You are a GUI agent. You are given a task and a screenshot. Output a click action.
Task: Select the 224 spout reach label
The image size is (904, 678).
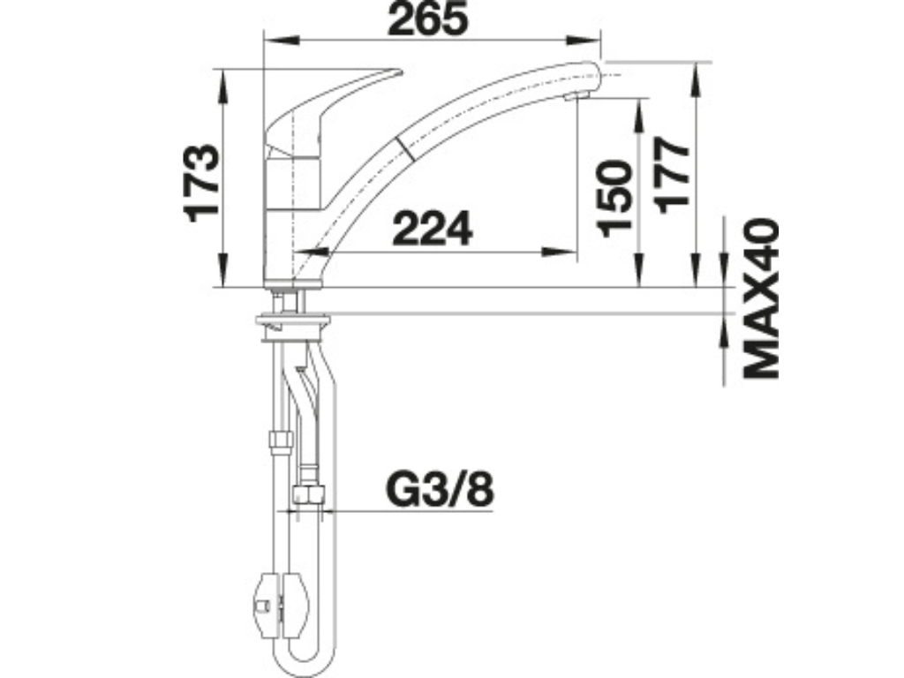pyautogui.click(x=433, y=228)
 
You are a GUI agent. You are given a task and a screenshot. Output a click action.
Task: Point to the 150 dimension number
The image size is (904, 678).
pyautogui.click(x=615, y=199)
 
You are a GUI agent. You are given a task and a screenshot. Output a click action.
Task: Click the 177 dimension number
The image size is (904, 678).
pyautogui.click(x=672, y=176)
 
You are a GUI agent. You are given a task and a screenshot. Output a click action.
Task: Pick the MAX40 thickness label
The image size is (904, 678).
pyautogui.click(x=761, y=298)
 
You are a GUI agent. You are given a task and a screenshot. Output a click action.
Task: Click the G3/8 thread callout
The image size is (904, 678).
pyautogui.click(x=440, y=490)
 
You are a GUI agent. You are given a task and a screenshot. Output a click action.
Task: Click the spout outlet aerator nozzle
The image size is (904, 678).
pyautogui.click(x=576, y=97)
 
